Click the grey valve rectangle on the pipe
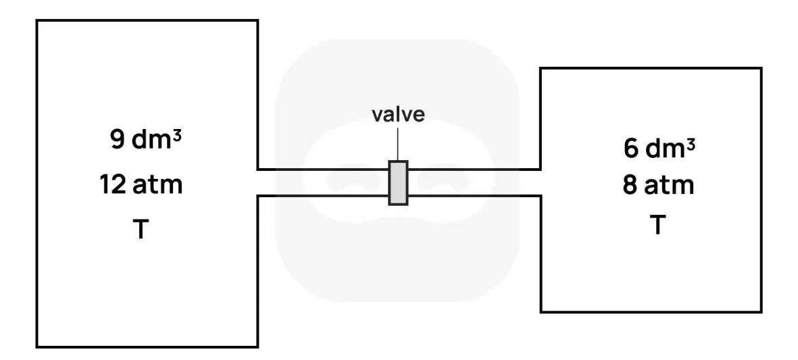pos(398,182)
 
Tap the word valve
pos(399,114)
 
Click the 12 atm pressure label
pos(141,184)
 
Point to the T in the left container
pos(141,230)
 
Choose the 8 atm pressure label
pos(659,185)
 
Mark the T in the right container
pos(656,225)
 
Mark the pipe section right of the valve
pos(473,182)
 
